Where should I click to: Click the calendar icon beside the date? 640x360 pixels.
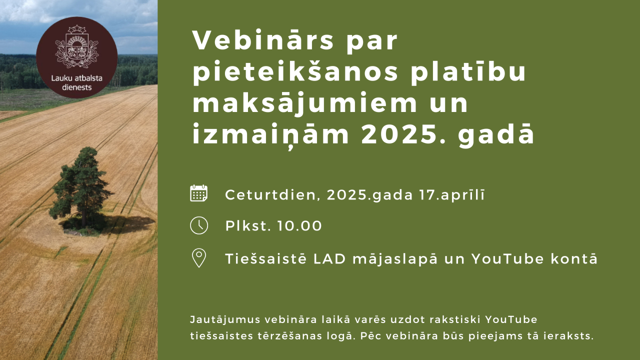coord(199,193)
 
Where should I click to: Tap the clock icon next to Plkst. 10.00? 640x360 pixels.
coord(199,225)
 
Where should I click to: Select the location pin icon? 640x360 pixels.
coord(199,258)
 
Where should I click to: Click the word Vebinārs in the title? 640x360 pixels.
coord(263,40)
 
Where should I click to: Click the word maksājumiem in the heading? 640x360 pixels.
coord(305,103)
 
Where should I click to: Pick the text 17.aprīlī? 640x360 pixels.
coord(452,195)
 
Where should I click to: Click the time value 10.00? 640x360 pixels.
coord(299,225)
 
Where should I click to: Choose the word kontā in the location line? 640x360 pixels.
coord(574,258)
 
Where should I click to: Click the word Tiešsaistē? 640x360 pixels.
coord(265,258)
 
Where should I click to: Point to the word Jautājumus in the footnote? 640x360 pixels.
coord(225,319)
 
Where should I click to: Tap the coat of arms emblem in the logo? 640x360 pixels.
coord(76,46)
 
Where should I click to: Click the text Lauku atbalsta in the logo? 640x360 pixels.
coord(76,78)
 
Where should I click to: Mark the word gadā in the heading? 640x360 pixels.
coord(496,134)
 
